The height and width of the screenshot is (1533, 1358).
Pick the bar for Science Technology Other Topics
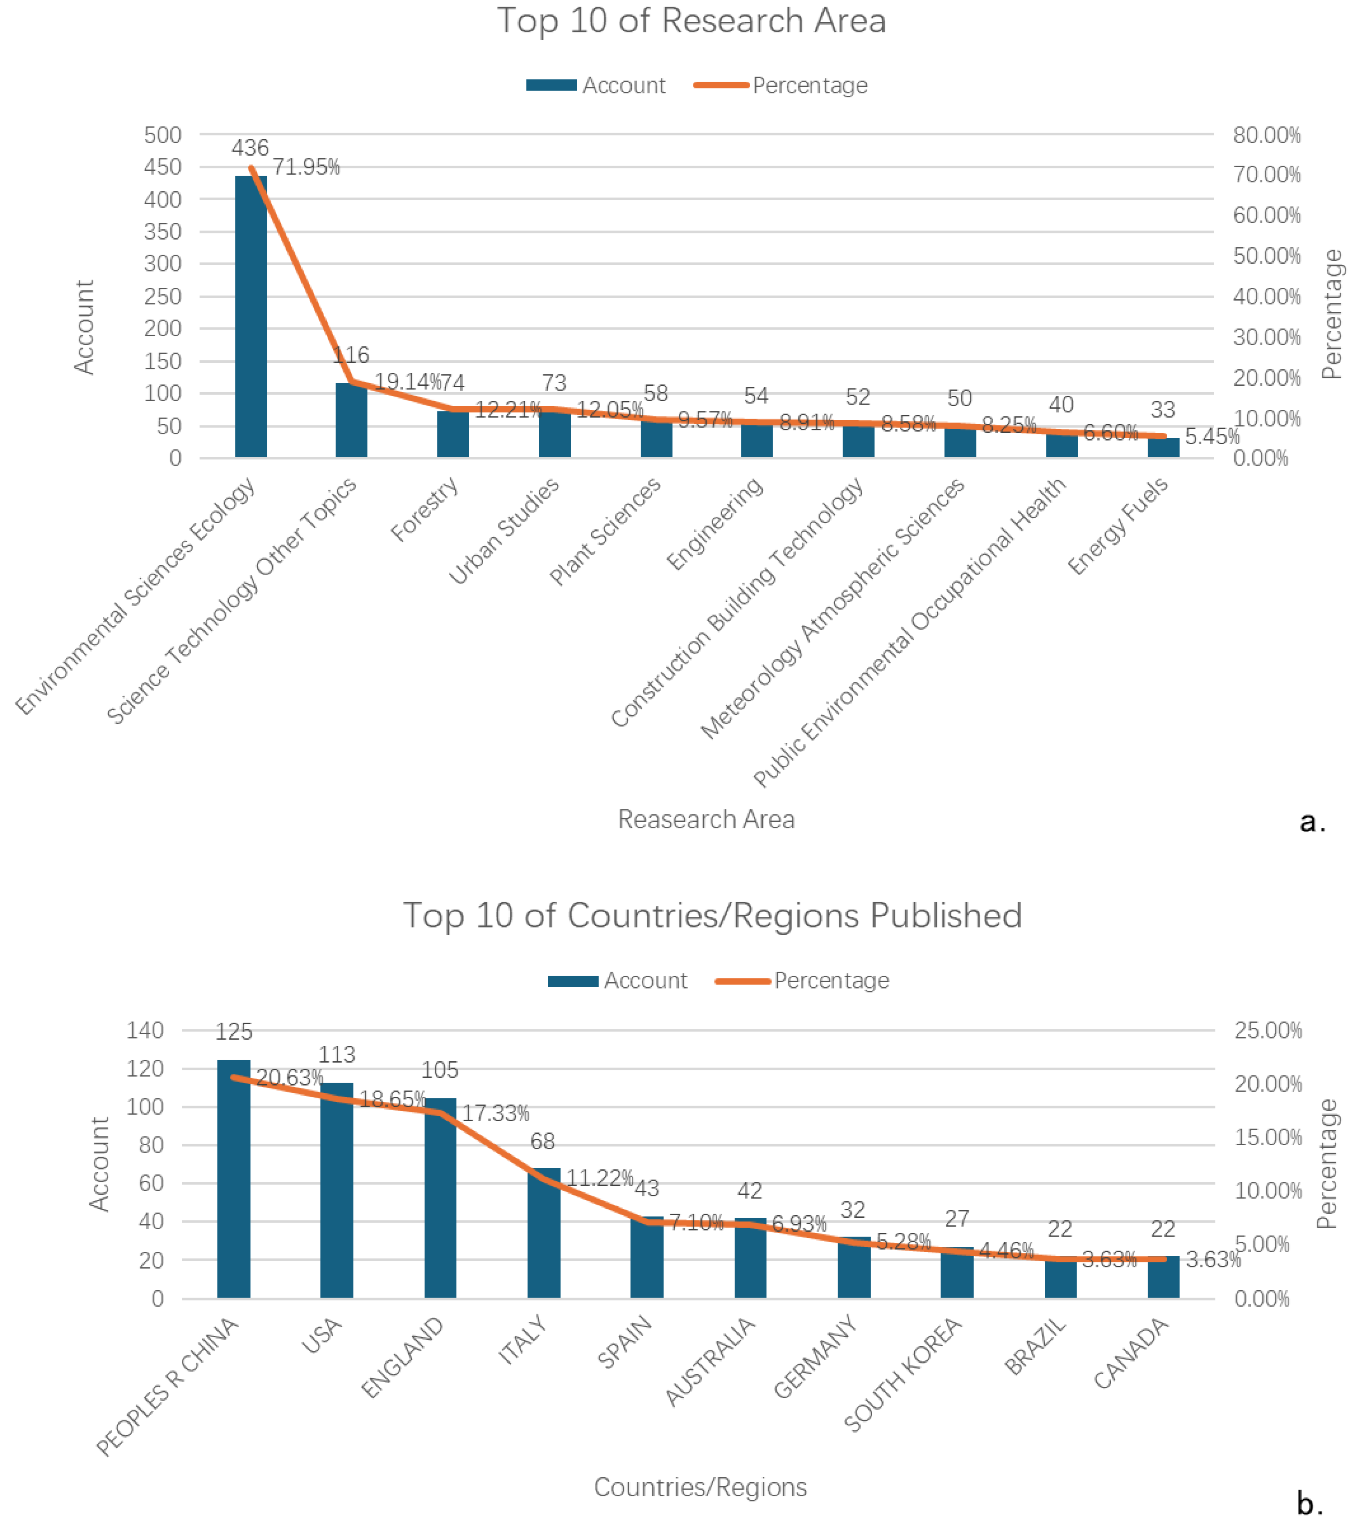point(351,420)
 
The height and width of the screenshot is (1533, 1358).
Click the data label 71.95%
point(306,167)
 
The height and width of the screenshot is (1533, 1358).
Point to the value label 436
point(250,148)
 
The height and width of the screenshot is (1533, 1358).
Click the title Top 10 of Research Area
point(691,21)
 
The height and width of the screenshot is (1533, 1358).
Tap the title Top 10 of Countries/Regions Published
point(712,916)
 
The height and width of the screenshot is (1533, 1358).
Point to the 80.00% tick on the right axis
point(1267,135)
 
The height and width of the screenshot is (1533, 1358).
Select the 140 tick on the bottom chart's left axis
point(145,1031)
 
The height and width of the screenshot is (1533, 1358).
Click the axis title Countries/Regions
point(700,1487)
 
